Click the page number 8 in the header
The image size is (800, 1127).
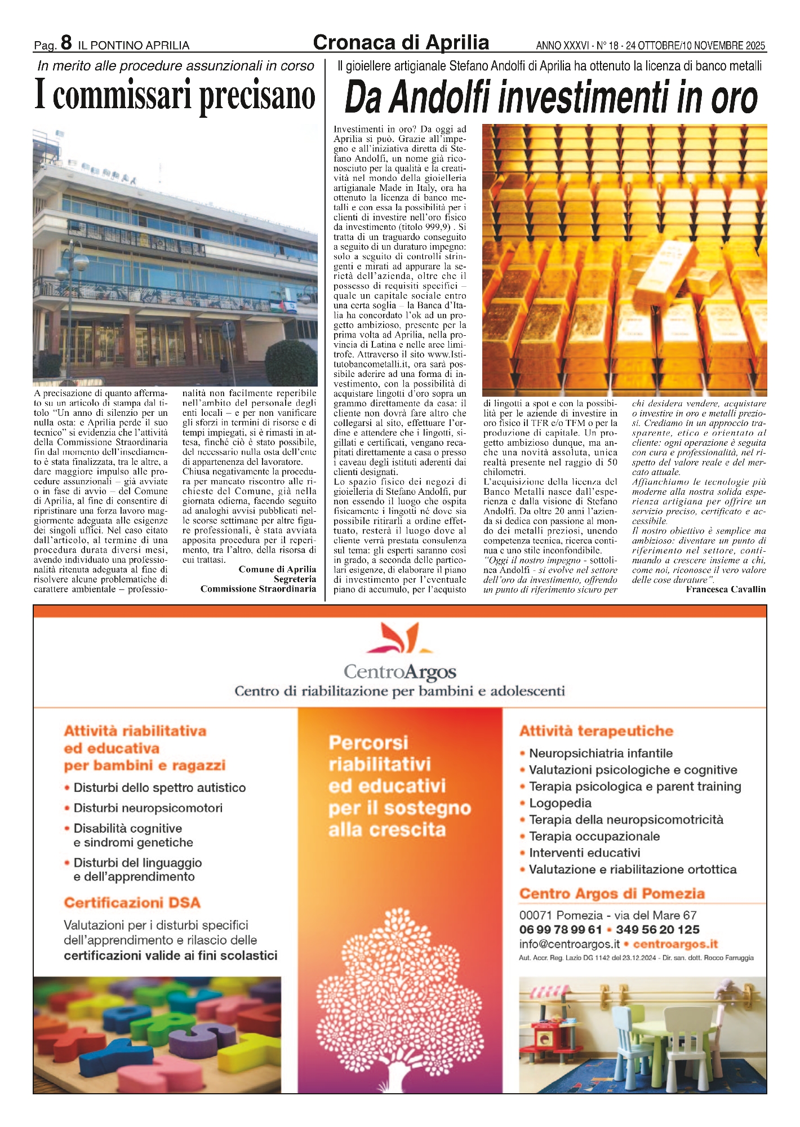(66, 42)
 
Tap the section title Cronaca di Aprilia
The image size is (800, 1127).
(401, 42)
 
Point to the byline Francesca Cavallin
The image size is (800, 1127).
(726, 589)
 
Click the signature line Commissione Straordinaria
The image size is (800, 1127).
(258, 589)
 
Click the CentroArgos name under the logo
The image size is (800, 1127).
(400, 672)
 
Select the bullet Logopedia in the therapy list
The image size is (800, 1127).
(560, 803)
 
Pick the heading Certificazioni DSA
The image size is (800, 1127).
(132, 903)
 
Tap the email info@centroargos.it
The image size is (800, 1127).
(569, 944)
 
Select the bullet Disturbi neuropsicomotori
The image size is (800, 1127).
(148, 808)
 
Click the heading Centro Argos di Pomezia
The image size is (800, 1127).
(612, 894)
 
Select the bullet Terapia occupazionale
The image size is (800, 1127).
(594, 836)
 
